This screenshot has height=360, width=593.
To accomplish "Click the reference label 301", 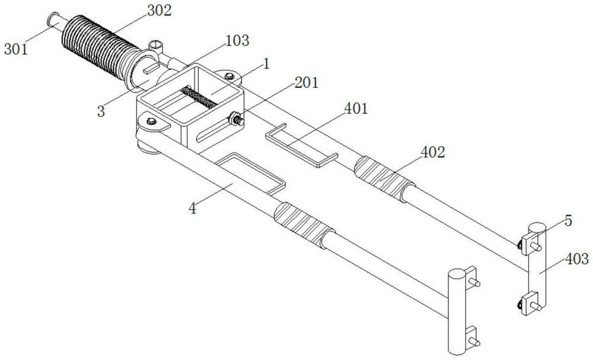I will [16, 49].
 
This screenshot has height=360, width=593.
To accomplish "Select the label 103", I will [237, 41].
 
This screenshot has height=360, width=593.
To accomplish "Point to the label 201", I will [306, 83].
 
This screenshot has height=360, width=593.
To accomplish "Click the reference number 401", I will [356, 109].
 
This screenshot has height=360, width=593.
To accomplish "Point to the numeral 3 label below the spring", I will [102, 110].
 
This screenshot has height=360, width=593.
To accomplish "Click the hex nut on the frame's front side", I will [235, 119].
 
